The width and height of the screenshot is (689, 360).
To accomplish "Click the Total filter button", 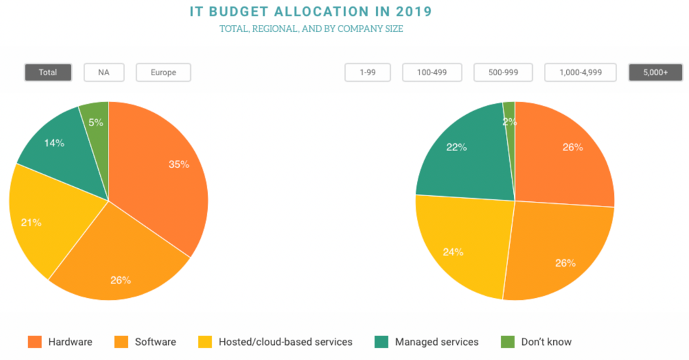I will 48,73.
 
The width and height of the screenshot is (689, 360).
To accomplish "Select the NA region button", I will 103,73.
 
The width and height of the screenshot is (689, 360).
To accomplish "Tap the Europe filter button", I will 163,73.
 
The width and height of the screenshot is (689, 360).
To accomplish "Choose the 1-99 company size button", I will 367,73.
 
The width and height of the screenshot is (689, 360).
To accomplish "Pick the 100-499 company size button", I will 432,73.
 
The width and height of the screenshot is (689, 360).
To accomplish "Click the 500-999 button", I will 503,73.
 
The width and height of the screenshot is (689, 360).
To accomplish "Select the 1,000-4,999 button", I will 580,73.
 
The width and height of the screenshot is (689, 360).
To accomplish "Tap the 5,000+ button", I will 655,73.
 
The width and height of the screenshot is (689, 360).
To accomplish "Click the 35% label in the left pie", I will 179,165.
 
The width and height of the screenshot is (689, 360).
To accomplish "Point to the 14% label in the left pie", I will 54,142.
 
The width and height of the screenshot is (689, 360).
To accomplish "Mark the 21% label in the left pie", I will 31,223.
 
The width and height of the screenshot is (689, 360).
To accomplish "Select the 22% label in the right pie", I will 456,148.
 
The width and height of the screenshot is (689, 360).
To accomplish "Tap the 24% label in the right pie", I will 453,252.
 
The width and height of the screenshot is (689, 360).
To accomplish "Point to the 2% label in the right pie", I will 510,122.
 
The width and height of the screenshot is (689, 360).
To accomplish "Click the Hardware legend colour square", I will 35,342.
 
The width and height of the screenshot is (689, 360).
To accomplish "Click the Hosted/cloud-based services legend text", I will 285,342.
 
